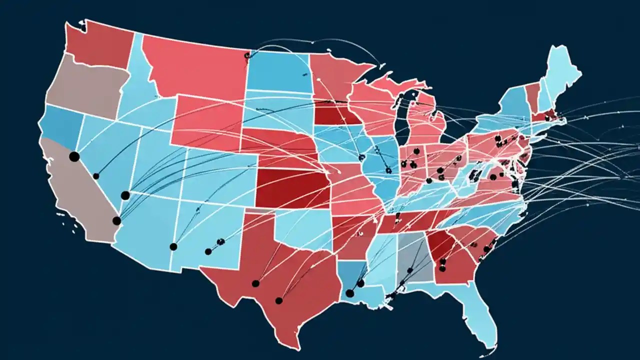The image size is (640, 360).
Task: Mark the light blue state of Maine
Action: point(562,70)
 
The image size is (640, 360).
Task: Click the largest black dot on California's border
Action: point(74,156)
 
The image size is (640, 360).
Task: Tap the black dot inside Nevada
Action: point(96,176)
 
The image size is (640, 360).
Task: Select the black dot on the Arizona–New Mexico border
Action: point(173,246)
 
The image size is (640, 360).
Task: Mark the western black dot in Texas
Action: point(255,283)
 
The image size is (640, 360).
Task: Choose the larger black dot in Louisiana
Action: point(349,293)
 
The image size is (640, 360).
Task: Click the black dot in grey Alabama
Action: point(409,270)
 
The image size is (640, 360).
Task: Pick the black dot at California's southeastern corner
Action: point(116,220)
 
